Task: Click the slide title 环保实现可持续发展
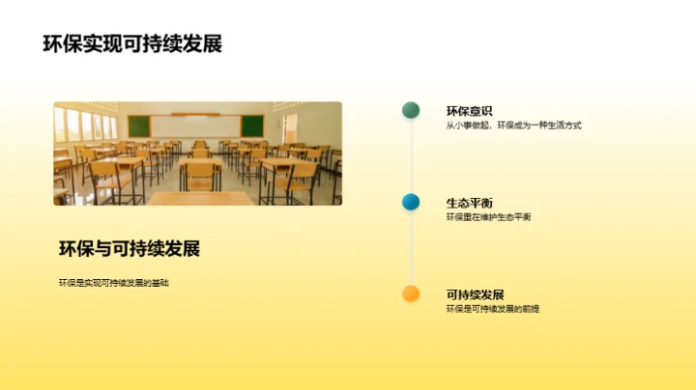(x=132, y=44)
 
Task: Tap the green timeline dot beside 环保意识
(x=411, y=110)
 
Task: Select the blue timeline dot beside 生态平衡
(x=411, y=202)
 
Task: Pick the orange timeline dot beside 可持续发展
(x=411, y=293)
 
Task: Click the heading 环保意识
(x=469, y=110)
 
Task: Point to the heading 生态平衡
(x=469, y=203)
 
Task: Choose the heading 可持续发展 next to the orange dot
(x=475, y=294)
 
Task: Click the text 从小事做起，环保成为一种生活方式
(x=513, y=125)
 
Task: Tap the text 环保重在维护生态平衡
(x=488, y=217)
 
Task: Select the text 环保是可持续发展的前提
(x=493, y=309)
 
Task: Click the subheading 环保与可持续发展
(x=130, y=249)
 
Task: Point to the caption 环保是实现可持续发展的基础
(x=120, y=283)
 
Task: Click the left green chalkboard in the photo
(x=139, y=125)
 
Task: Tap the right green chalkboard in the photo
(x=252, y=125)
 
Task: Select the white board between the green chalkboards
(x=196, y=125)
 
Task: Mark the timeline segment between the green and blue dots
(x=411, y=155)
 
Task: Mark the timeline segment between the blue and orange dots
(x=411, y=248)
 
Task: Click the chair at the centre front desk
(x=201, y=176)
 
